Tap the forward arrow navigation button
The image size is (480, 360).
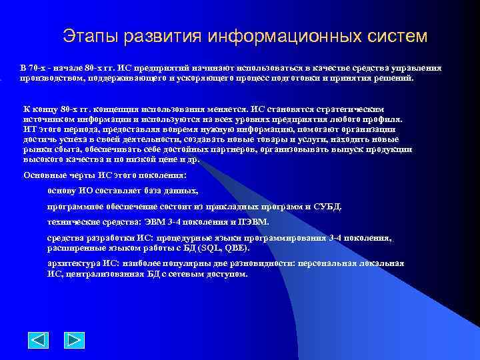tap(74, 341)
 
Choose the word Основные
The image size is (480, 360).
tap(42, 175)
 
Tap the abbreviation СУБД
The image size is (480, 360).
tap(329, 206)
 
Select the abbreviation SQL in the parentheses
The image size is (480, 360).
tap(211, 248)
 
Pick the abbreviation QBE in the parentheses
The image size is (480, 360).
tap(235, 248)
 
